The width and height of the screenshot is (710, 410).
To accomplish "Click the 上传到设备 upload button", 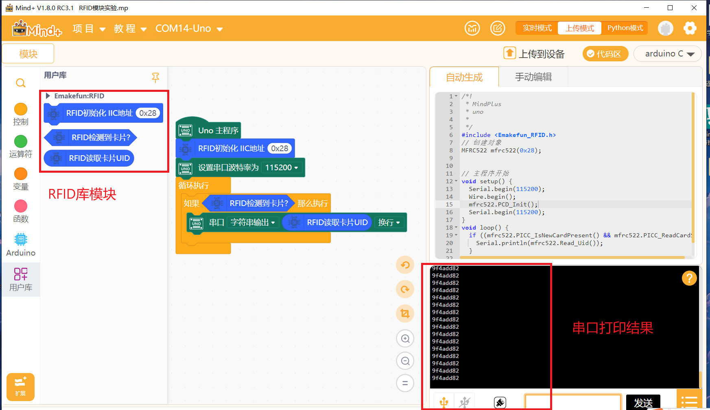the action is click(x=534, y=54).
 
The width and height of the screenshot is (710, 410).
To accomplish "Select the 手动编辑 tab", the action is click(x=533, y=77).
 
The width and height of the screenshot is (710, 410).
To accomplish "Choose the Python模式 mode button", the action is click(x=625, y=28).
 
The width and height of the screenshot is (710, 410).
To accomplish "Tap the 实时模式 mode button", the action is click(x=537, y=28).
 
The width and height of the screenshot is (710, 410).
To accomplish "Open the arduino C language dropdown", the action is click(x=668, y=54).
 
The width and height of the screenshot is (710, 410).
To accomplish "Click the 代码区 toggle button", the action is click(x=605, y=54).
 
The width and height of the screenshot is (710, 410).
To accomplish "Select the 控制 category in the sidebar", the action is click(x=21, y=115).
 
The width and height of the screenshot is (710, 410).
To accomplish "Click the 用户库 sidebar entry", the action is click(x=21, y=280).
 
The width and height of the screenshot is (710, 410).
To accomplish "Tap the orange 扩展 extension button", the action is click(x=20, y=387).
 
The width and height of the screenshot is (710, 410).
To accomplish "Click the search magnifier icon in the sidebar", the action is click(x=21, y=83).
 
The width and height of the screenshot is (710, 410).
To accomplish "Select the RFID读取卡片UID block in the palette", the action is click(x=89, y=158).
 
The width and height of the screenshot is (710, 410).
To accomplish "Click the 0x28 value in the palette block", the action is click(x=148, y=113).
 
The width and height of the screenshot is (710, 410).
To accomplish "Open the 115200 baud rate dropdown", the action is click(x=282, y=167).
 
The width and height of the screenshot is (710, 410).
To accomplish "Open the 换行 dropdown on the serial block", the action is click(x=389, y=222).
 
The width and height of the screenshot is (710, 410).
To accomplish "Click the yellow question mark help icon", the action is click(x=689, y=278).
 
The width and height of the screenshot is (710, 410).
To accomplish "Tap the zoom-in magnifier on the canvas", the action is click(x=405, y=338).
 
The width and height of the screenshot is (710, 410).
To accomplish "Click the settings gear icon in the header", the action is click(x=690, y=28).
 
